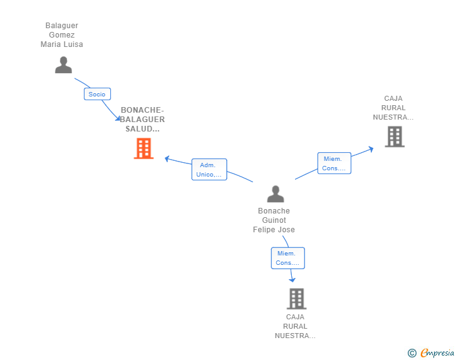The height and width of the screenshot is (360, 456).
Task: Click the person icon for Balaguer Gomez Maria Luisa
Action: coord(63,65)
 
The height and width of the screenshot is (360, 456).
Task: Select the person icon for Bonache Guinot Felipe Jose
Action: coord(275,194)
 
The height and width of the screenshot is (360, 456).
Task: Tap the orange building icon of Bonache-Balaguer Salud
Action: coord(143,148)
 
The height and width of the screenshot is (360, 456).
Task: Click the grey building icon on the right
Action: coord(394,136)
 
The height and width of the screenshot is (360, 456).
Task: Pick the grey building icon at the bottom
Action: coord(296,299)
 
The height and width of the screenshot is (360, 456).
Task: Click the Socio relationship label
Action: coord(97,94)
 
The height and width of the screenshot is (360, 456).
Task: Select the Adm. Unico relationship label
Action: coord(209,170)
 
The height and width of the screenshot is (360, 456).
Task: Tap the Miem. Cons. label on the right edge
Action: coord(334,163)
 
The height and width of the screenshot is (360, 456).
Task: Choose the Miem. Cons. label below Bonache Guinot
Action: coord(288,258)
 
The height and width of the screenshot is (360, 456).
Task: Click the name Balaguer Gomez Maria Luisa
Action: coord(62,35)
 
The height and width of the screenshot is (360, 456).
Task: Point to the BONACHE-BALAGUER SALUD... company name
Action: coord(142,119)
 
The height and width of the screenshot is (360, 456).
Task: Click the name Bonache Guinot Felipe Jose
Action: coord(274,220)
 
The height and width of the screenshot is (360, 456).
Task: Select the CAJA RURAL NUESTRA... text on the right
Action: coord(393,108)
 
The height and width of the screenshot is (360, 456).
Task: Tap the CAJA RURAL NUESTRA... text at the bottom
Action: coord(294,326)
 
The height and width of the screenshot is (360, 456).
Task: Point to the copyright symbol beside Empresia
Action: coord(412,353)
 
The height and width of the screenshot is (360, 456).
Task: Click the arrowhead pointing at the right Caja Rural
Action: coord(371,148)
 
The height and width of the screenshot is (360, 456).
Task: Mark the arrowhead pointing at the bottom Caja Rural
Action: coord(292,279)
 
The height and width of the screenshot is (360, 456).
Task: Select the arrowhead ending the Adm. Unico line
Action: coord(167,158)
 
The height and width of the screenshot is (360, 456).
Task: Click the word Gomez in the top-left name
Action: coord(62,35)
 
